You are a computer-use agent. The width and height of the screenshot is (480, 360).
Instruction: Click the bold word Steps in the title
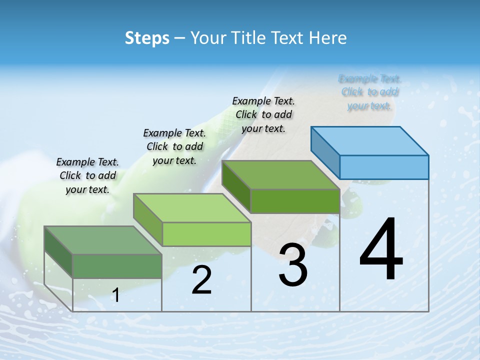pos(147,38)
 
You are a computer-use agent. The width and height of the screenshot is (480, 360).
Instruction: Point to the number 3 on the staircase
pos(292,265)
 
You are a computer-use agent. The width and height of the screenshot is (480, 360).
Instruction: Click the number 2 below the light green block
pos(202,280)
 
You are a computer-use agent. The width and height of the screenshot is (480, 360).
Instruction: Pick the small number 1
pos(116,295)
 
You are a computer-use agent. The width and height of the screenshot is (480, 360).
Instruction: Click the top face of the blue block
pos(370,140)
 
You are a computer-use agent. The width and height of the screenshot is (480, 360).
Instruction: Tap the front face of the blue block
pos(384,167)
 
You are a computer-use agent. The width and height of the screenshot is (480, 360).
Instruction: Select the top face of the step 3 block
pos(280,175)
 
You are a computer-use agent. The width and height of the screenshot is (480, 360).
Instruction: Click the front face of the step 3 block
pos(295,201)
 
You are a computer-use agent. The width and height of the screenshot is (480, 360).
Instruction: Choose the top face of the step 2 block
pos(192,208)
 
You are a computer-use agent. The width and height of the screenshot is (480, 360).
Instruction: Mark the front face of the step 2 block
pos(206,234)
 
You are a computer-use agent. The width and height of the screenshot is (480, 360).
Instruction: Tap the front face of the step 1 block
pos(117,266)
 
